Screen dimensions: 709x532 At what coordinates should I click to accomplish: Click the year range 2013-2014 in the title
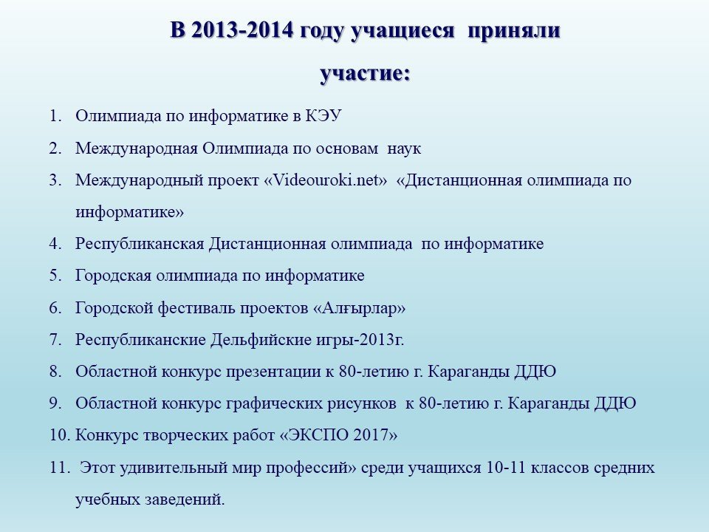(242, 31)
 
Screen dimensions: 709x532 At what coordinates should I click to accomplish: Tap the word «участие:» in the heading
(365, 73)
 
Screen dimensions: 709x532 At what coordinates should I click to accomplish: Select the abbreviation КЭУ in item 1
(323, 116)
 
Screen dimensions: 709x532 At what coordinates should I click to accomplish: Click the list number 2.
(55, 149)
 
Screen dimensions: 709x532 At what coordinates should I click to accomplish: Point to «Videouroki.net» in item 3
(326, 180)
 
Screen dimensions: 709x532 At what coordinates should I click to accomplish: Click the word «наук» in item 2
(404, 149)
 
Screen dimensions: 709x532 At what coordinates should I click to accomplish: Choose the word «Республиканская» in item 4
(140, 244)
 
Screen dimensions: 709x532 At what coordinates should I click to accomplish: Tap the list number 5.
(55, 276)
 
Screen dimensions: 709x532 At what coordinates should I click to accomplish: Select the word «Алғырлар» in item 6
(360, 307)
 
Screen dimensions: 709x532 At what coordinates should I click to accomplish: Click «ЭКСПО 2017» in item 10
(339, 434)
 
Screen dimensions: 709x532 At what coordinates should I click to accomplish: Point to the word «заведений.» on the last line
(185, 499)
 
